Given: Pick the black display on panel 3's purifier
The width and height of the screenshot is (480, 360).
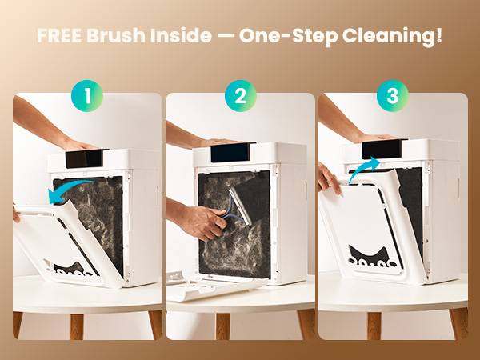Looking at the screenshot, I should click(x=379, y=150).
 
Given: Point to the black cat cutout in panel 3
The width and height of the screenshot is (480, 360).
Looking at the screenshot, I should click(x=370, y=257).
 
